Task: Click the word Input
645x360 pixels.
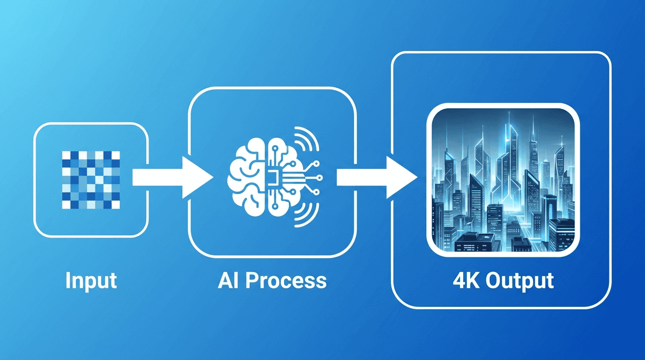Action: click(x=91, y=280)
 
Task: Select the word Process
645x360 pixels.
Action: click(x=286, y=280)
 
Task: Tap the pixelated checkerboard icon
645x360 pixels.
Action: click(x=91, y=180)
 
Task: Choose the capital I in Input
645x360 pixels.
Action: click(x=68, y=280)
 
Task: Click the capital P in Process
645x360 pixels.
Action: click(x=252, y=280)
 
